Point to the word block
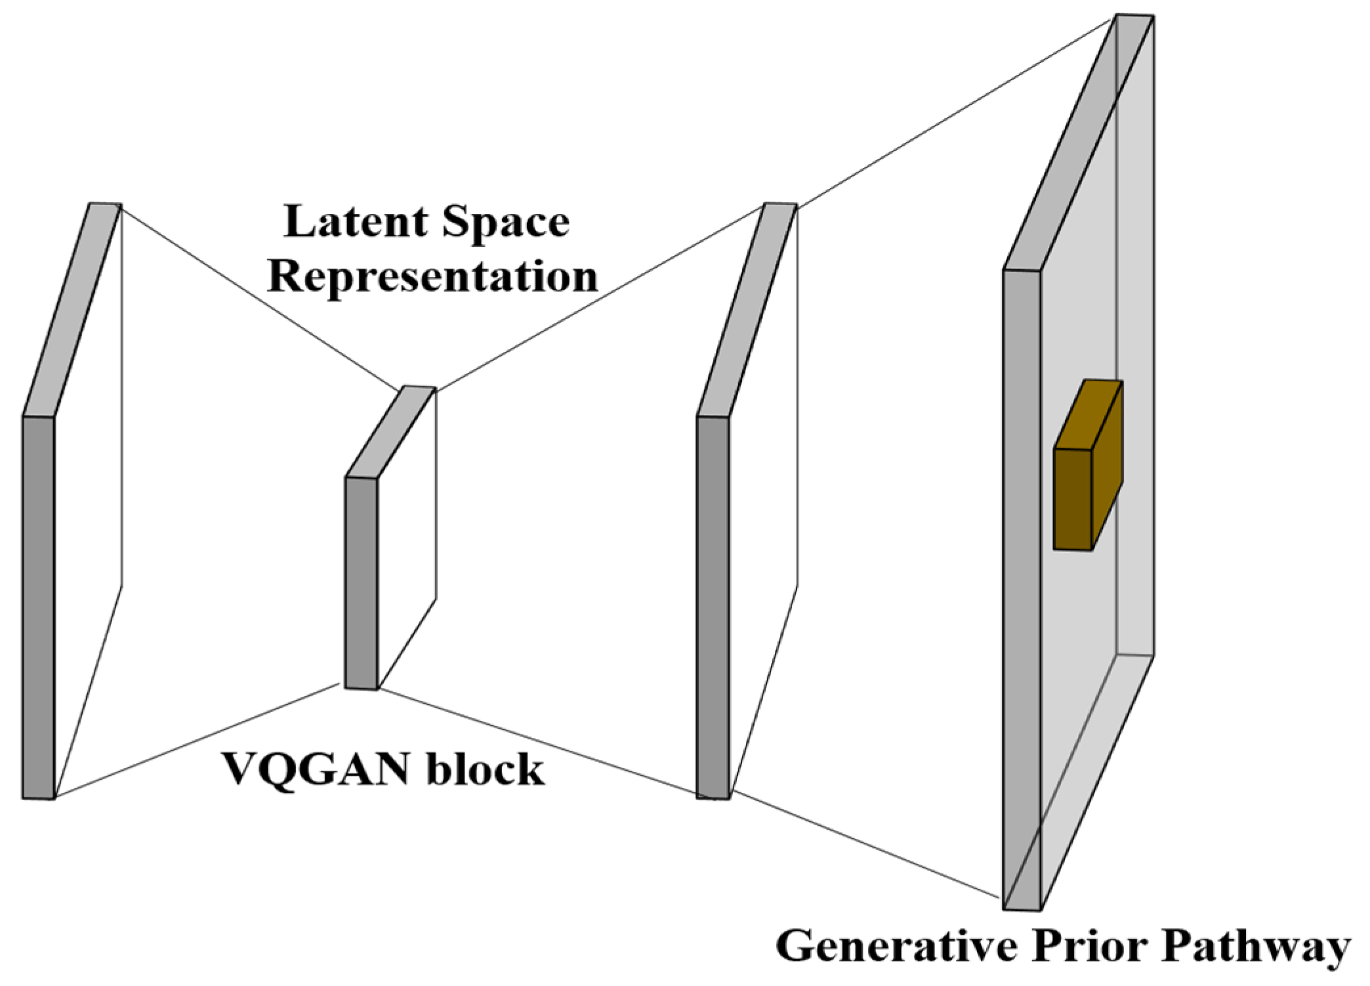coord(486,769)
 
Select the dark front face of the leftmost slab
coord(39,607)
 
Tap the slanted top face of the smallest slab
coord(391,432)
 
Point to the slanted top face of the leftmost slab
coord(72,309)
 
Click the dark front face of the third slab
coord(713,607)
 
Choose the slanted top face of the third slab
coord(747,309)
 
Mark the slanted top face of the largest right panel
coord(1078,141)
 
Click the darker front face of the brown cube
coord(1073,500)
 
